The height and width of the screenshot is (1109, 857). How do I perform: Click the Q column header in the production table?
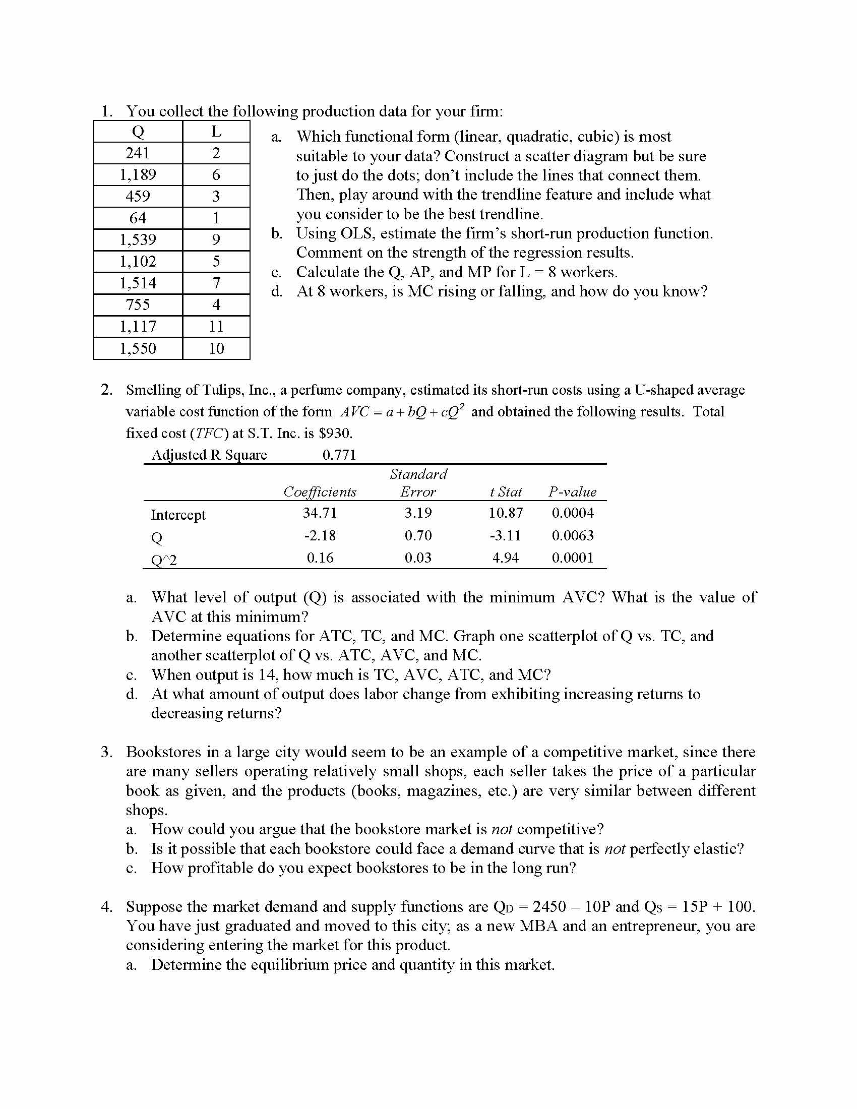click(x=138, y=132)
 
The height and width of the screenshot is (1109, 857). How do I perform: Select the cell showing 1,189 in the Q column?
click(x=138, y=175)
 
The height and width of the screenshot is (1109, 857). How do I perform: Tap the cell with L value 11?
click(x=216, y=326)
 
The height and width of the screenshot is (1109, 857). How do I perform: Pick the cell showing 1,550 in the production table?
click(x=138, y=348)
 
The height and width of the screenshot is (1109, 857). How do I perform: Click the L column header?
click(x=216, y=132)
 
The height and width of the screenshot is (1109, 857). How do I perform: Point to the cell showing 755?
click(x=138, y=304)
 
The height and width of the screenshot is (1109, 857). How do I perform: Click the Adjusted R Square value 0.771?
click(x=339, y=455)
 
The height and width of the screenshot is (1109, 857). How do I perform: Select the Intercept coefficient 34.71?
click(x=320, y=513)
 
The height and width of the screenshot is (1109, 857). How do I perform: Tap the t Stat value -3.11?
click(x=505, y=535)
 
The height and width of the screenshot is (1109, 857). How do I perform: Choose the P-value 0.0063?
click(x=573, y=535)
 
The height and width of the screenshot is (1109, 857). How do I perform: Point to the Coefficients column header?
click(x=320, y=491)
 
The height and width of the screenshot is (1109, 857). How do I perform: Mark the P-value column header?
click(x=573, y=491)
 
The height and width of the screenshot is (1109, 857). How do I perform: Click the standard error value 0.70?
click(x=418, y=535)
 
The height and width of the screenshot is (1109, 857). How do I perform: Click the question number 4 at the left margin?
click(x=106, y=906)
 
